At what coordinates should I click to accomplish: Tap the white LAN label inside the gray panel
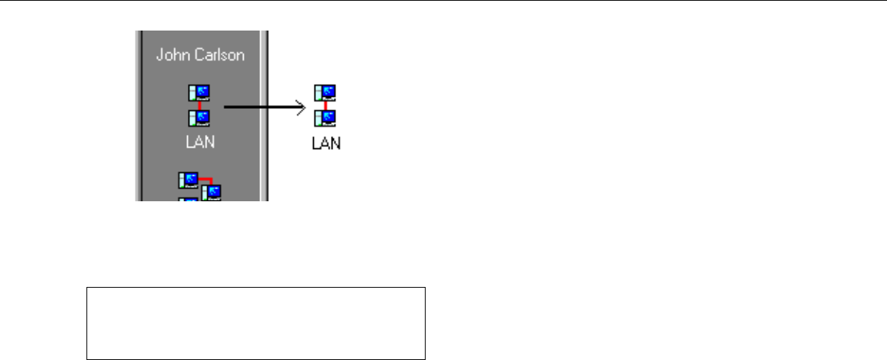[x=200, y=142]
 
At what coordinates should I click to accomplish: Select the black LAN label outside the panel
[x=326, y=142]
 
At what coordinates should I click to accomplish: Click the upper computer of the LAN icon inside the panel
[x=199, y=93]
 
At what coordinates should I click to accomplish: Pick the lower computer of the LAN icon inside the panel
[x=199, y=118]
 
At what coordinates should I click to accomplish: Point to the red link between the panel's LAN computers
[x=199, y=106]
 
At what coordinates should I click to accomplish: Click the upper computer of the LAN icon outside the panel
[x=325, y=93]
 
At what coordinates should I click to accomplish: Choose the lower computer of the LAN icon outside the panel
[x=325, y=118]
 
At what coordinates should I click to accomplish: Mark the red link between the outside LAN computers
[x=325, y=106]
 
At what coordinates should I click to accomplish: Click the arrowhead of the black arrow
[x=302, y=108]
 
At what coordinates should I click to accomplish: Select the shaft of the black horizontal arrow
[x=261, y=108]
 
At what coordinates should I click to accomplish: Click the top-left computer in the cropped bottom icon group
[x=189, y=180]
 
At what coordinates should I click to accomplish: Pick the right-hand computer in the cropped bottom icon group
[x=211, y=192]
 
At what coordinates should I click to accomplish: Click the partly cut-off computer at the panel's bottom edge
[x=187, y=198]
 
